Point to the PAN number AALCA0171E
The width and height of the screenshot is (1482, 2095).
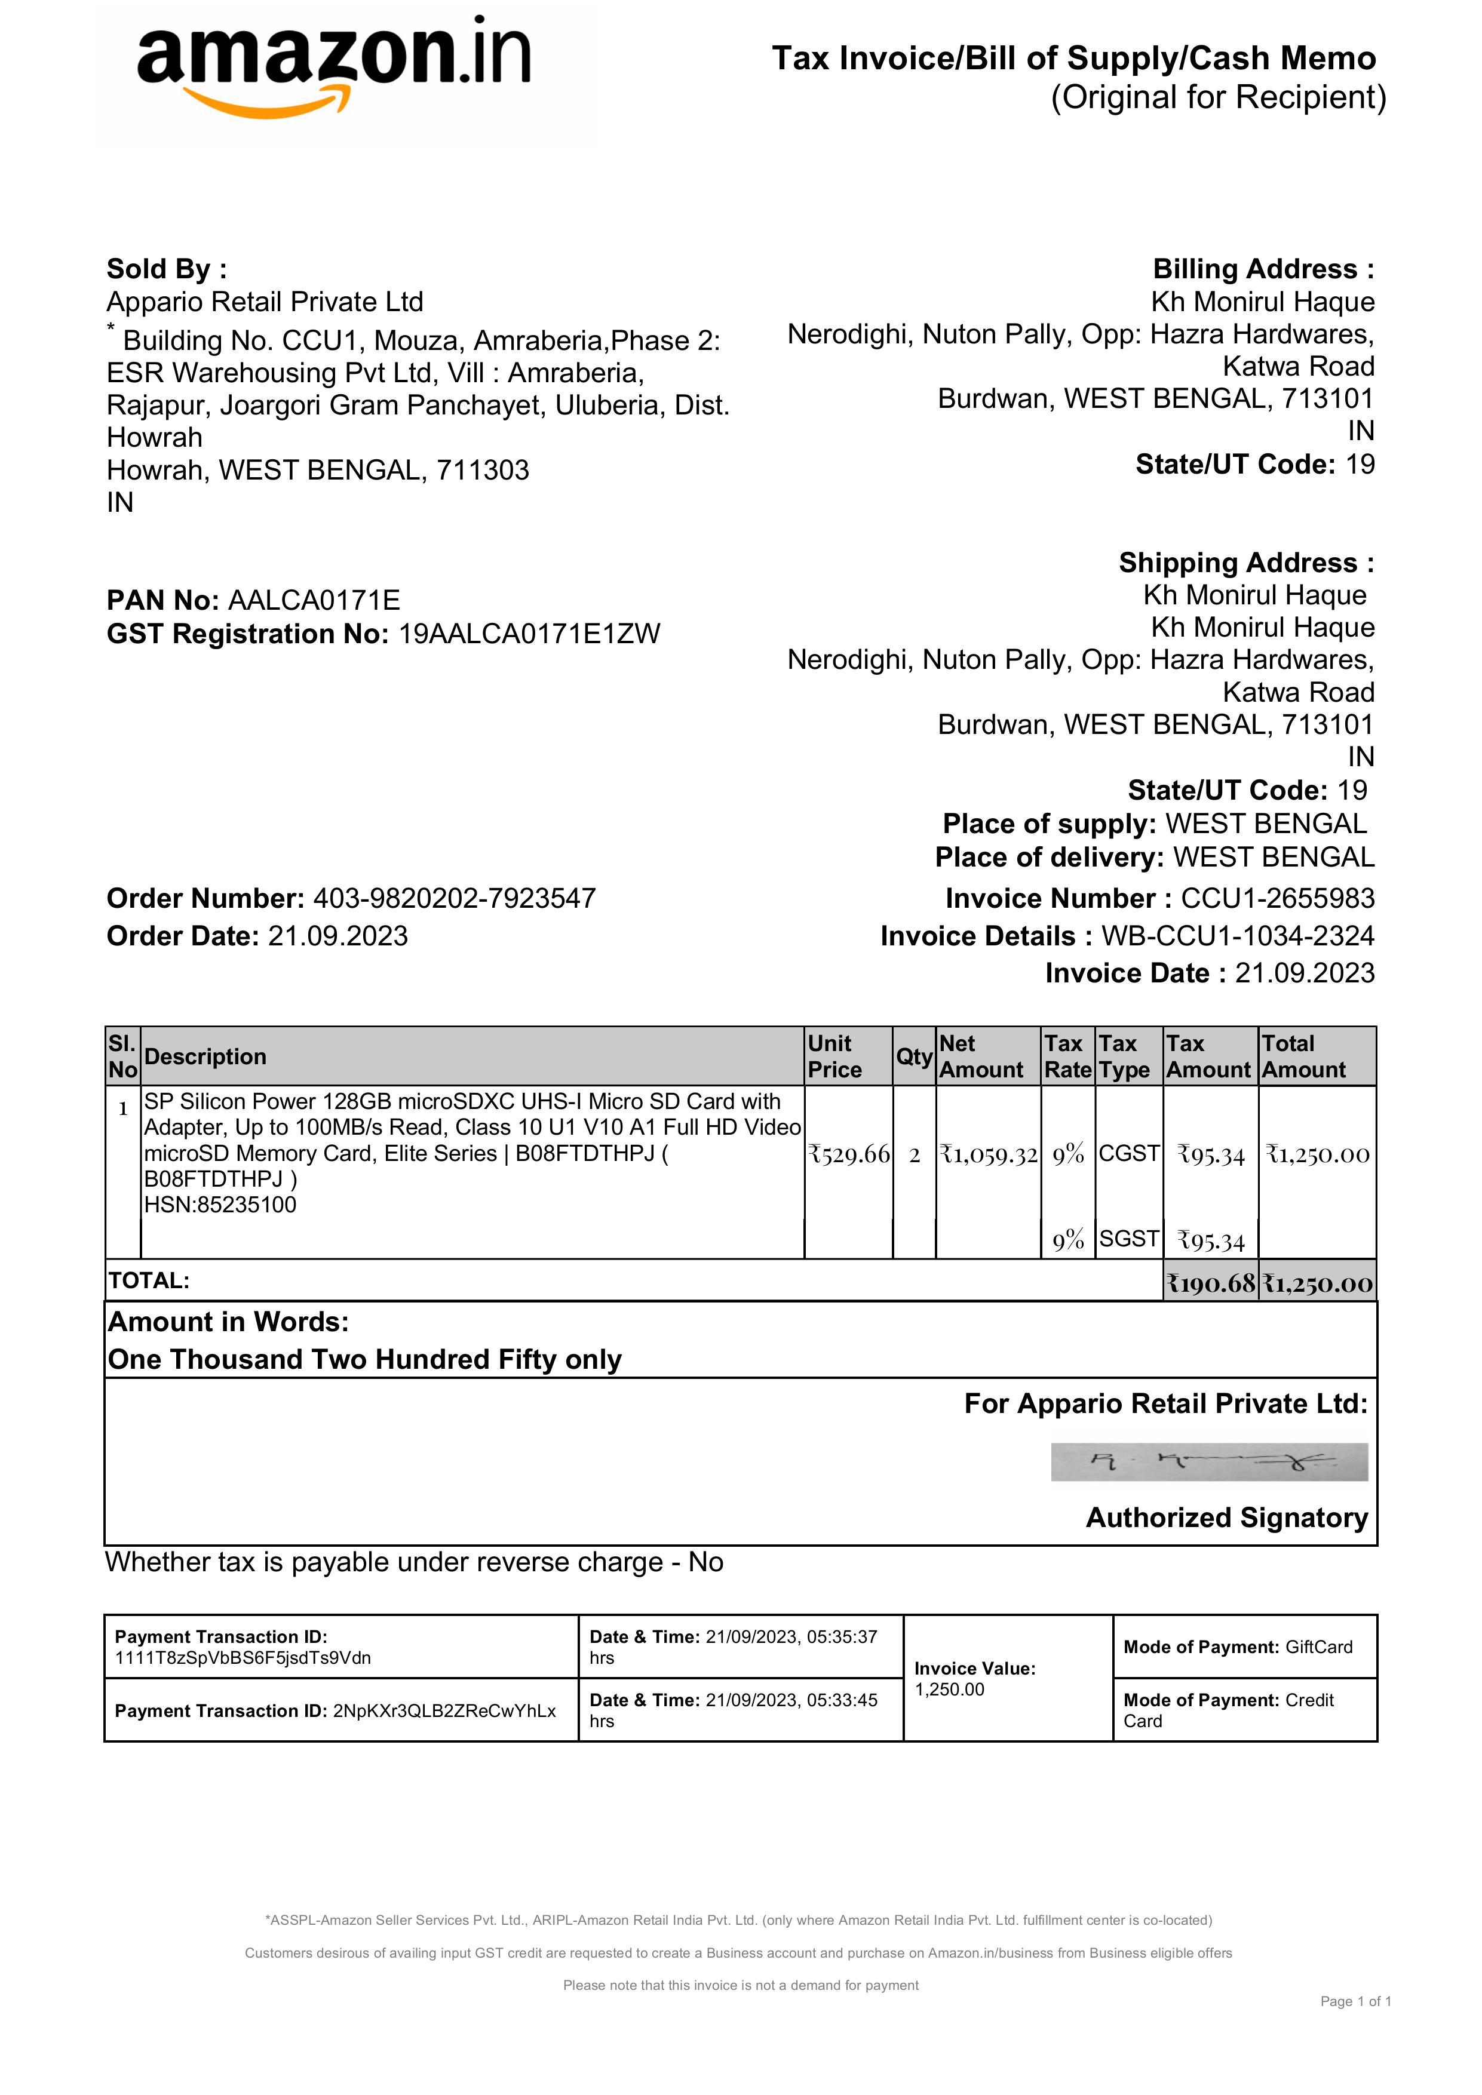314,600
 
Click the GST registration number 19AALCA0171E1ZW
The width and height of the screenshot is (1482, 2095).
529,634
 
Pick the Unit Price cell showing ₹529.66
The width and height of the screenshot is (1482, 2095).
849,1154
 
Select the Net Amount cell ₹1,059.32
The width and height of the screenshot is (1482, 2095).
989,1154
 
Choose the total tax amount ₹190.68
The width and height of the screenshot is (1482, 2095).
1211,1283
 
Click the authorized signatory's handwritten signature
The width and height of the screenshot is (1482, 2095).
1209,1462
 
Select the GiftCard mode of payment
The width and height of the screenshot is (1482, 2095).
1319,1647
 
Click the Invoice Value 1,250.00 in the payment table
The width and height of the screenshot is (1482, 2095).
949,1690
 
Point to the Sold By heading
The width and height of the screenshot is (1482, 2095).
166,269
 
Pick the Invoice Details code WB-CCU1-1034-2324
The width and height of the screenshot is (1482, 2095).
1238,936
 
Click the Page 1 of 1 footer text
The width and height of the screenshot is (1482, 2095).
1355,2001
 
